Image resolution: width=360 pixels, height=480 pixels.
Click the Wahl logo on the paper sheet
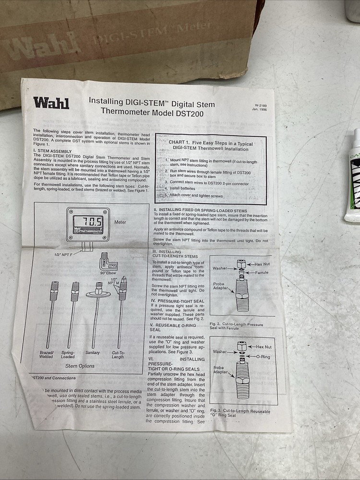(x=51, y=103)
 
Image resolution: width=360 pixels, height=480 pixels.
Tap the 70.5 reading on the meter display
(x=90, y=222)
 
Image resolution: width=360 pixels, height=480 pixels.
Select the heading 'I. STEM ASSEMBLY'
(x=52, y=151)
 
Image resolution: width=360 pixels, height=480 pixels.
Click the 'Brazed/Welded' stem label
(x=47, y=354)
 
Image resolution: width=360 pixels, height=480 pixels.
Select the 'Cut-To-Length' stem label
(x=118, y=354)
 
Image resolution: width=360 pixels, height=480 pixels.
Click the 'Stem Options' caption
(x=80, y=366)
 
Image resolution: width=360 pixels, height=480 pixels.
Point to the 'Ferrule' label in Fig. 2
(x=262, y=273)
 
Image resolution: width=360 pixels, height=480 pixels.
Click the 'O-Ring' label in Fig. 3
(x=263, y=357)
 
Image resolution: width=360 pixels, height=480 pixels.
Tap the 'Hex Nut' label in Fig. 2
(x=262, y=264)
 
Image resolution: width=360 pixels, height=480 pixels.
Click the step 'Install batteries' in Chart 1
(x=182, y=188)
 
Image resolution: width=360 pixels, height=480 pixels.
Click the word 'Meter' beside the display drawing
(x=120, y=222)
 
